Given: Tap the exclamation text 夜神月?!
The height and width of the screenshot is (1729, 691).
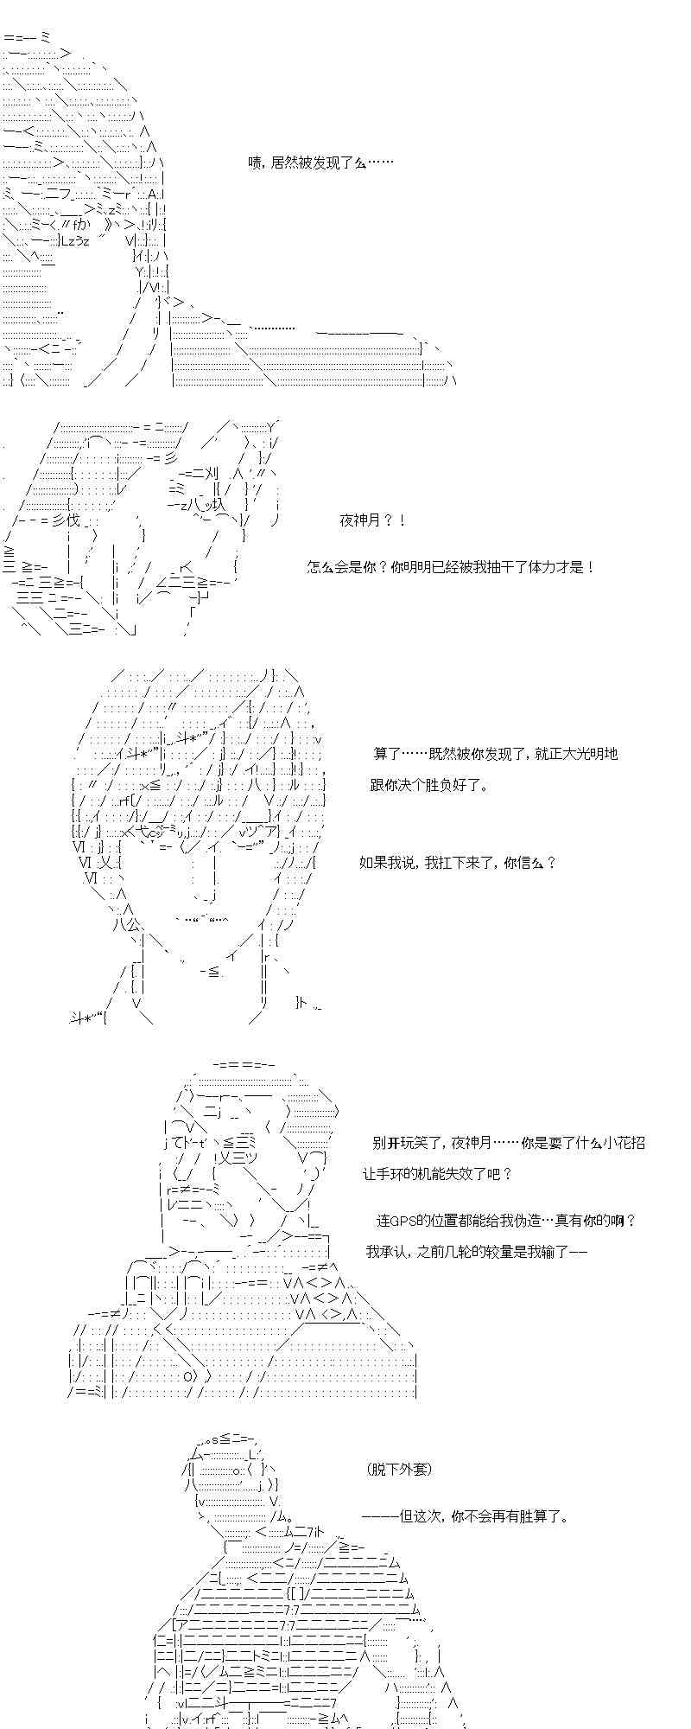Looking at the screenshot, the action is click(372, 520).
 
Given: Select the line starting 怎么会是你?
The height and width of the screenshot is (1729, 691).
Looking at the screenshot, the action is click(451, 568).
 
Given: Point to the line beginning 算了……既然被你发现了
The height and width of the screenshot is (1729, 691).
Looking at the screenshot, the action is click(496, 753).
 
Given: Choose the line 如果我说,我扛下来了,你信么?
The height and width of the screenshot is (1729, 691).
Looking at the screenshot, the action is click(458, 863).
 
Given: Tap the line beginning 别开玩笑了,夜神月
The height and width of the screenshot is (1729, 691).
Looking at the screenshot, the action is click(509, 1143).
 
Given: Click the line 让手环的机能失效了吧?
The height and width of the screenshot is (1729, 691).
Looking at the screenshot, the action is click(438, 1174).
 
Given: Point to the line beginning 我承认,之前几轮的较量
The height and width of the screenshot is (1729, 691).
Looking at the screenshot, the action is click(477, 1252).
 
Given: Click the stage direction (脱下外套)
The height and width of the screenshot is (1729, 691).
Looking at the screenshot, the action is click(398, 1469).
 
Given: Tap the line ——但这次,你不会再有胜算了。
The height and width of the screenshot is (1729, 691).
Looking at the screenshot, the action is click(466, 1515).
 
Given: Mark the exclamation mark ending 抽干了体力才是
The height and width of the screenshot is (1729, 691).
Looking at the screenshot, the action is click(590, 568).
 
